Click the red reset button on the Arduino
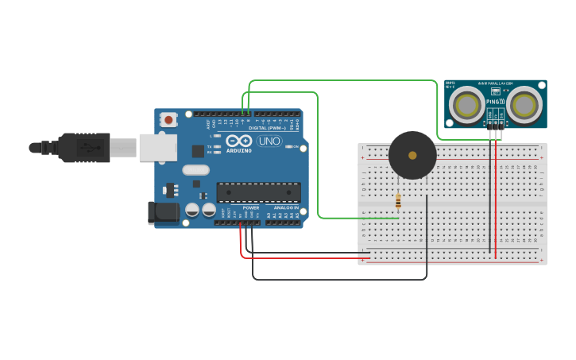168,120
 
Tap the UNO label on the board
269,141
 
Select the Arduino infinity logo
239,140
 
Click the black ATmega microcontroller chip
258,192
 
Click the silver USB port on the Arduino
157,147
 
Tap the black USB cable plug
83,147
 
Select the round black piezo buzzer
412,155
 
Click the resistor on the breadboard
398,201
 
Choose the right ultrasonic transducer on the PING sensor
525,104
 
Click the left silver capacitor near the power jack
192,210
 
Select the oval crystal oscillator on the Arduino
195,169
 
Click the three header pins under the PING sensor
495,125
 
